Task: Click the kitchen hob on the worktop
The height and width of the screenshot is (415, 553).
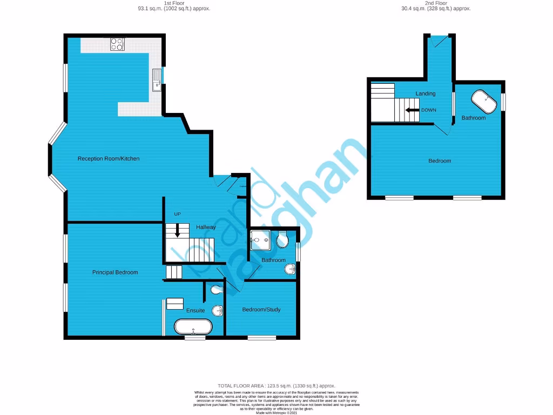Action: click(117, 44)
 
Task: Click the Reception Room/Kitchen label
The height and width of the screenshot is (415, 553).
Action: click(109, 158)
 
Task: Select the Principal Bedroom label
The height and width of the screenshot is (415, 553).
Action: click(114, 272)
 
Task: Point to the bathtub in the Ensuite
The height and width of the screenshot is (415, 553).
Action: click(193, 327)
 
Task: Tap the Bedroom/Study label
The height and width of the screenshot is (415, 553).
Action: click(261, 310)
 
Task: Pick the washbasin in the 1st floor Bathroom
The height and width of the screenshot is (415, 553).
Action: click(290, 269)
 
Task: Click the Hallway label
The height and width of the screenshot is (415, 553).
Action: click(206, 227)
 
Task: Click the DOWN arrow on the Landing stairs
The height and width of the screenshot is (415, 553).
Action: click(412, 110)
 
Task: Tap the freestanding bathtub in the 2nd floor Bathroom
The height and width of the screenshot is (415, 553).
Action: click(483, 101)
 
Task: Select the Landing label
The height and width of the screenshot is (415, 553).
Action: click(425, 93)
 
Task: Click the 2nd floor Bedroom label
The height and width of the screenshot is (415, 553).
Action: click(440, 160)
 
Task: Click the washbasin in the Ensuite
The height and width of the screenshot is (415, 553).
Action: click(218, 311)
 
